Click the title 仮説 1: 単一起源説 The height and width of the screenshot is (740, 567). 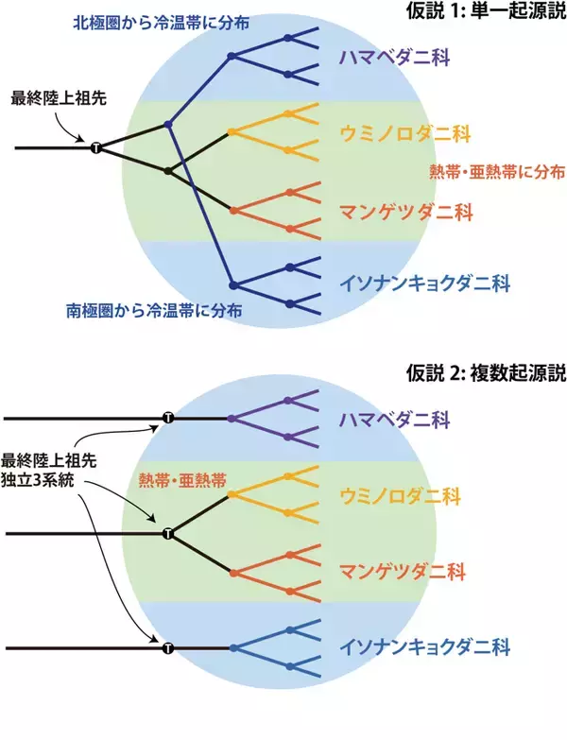click(486, 10)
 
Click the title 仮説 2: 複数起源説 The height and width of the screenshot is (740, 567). click(486, 373)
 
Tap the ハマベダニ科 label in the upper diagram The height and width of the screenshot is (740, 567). click(394, 58)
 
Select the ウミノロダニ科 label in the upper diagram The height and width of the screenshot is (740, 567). click(405, 133)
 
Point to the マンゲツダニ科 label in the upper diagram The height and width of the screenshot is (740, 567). click(405, 213)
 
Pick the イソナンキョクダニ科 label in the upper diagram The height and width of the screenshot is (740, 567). click(424, 284)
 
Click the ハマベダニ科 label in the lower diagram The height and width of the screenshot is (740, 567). click(394, 420)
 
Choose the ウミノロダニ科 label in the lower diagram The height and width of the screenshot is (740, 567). click(400, 496)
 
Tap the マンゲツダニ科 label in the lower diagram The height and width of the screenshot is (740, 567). click(403, 572)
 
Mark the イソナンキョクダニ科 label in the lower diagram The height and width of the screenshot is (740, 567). click(424, 646)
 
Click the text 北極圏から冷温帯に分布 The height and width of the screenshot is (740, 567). click(161, 23)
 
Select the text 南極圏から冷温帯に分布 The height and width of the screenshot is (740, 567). click(154, 311)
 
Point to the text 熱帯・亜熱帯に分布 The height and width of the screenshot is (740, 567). click(497, 172)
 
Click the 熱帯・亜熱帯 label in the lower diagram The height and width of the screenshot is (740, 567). click(182, 480)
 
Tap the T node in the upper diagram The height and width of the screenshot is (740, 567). click(96, 148)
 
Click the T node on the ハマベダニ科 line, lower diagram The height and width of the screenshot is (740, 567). click(168, 418)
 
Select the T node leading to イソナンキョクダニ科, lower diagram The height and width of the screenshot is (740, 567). click(168, 648)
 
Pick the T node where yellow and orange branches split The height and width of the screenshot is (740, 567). click(168, 534)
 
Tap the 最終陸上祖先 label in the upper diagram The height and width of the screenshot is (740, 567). click(59, 98)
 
